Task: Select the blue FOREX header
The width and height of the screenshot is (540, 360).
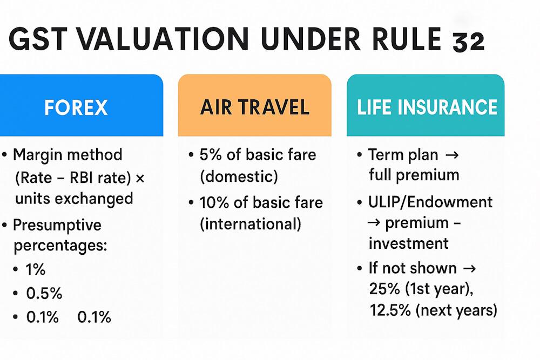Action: (x=76, y=107)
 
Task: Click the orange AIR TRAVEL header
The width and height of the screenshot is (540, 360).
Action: (x=255, y=107)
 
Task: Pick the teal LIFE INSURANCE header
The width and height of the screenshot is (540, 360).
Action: (x=427, y=107)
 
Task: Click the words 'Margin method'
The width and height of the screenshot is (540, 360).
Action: (x=67, y=155)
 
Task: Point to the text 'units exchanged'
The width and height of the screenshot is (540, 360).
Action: (x=74, y=198)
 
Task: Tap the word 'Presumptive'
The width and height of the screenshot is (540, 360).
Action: (x=57, y=225)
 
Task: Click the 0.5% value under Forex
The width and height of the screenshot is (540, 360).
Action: (x=44, y=294)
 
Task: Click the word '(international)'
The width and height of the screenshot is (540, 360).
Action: (x=251, y=223)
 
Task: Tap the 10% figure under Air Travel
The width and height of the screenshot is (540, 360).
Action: (x=214, y=202)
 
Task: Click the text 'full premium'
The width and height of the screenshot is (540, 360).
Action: (x=414, y=175)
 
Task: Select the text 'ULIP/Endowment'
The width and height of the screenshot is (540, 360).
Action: (x=430, y=202)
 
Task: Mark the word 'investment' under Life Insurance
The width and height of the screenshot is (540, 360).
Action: (x=408, y=243)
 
